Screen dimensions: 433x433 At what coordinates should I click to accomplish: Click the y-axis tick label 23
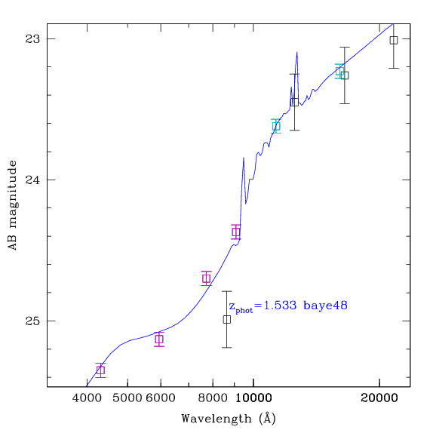point(32,39)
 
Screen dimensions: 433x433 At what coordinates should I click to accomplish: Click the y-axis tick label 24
point(32,180)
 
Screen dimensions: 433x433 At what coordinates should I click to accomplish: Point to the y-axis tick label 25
point(32,321)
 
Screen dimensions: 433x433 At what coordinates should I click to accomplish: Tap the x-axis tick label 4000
point(87,398)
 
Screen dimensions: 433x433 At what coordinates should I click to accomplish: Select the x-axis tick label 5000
point(127,398)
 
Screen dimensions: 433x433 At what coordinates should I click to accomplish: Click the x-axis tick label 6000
point(161,398)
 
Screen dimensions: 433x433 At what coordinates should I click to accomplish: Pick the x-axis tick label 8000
point(213,398)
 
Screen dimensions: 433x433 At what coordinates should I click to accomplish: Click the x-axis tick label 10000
point(253,398)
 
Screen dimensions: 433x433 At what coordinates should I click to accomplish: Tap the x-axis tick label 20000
point(379,398)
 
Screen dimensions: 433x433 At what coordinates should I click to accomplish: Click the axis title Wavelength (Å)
point(229,419)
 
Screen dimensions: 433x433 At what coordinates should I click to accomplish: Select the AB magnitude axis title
point(13,205)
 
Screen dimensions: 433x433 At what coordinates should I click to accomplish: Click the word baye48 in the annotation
point(325,306)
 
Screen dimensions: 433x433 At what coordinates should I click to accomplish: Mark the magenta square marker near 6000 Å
point(159,339)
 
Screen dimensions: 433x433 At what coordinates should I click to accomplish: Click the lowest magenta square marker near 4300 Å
point(101,370)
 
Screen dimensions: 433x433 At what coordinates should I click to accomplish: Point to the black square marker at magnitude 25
point(227,320)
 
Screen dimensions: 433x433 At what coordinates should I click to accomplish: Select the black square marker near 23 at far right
point(394,40)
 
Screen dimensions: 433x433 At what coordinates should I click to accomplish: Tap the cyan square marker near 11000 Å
point(276,126)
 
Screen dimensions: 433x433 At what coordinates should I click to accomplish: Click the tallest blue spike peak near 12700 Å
point(297,52)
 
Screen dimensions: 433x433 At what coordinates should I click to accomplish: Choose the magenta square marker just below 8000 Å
point(206,278)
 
